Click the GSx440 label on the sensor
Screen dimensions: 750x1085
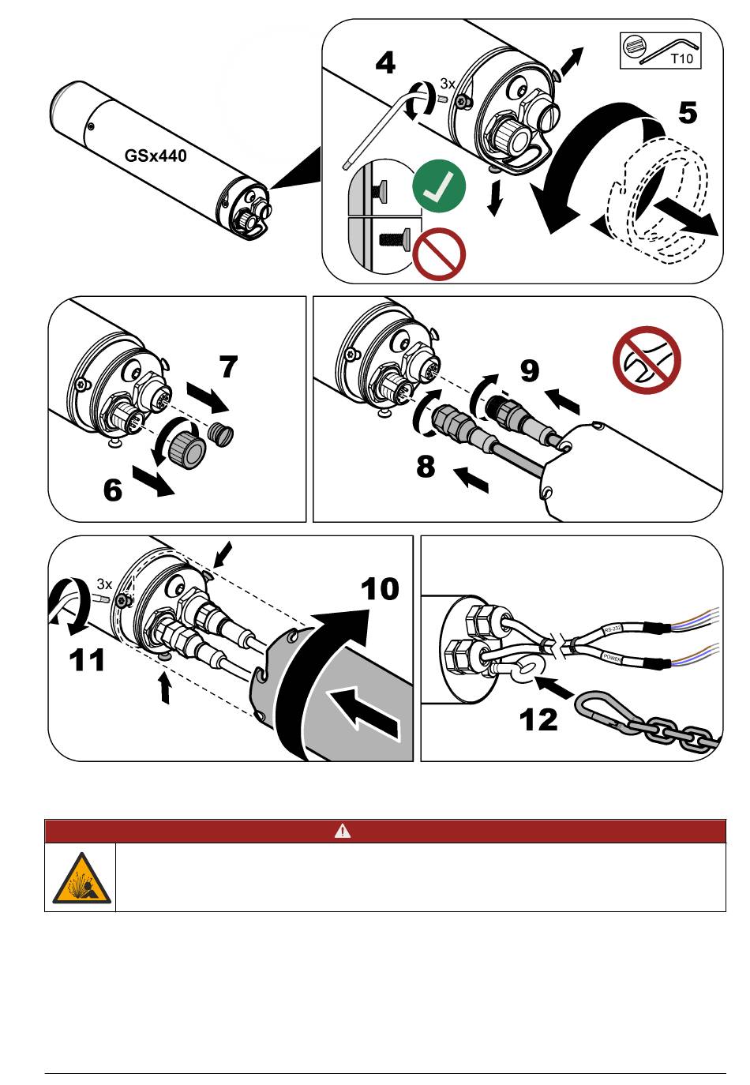(x=156, y=156)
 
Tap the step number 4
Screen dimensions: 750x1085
(x=385, y=63)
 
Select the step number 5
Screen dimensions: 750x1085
(x=688, y=114)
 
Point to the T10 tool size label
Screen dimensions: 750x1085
(x=681, y=58)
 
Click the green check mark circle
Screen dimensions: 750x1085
(x=439, y=186)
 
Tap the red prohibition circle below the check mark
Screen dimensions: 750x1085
(x=439, y=253)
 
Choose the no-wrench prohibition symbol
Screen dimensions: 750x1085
(x=647, y=360)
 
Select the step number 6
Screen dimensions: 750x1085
(x=113, y=490)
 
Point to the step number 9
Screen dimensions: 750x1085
(x=529, y=370)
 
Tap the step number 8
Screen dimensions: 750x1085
(x=426, y=467)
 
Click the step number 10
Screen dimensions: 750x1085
(x=380, y=589)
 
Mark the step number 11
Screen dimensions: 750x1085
(x=87, y=659)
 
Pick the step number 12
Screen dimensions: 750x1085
(x=538, y=719)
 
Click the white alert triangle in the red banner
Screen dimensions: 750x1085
(x=342, y=832)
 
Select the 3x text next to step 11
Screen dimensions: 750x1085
(x=104, y=584)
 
